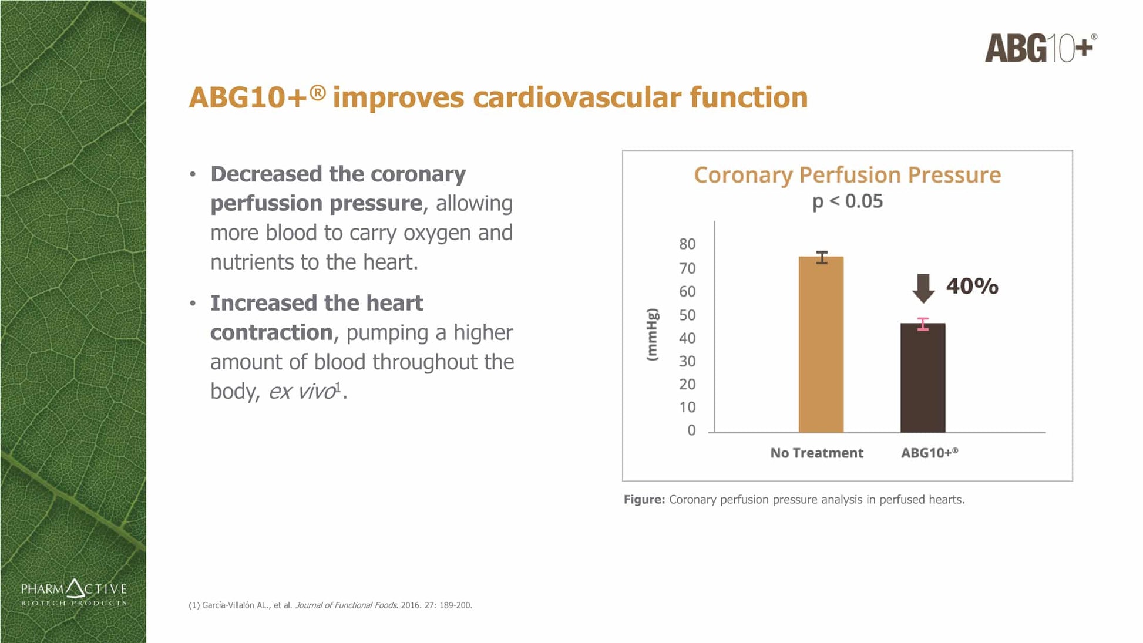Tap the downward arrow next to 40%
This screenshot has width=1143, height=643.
923,288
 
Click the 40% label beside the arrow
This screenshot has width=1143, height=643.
972,287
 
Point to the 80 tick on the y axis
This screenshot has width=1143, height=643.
687,244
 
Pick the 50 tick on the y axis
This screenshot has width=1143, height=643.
687,315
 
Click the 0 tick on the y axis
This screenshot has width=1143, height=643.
691,430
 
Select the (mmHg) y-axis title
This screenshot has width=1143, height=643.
652,335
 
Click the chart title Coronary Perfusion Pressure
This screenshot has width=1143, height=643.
847,175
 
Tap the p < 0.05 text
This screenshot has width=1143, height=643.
847,201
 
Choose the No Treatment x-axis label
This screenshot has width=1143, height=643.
816,453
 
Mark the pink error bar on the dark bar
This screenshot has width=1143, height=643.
923,324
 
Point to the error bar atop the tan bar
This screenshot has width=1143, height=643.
821,257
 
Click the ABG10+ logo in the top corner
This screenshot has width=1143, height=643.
1040,48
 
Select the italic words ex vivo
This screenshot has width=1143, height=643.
302,392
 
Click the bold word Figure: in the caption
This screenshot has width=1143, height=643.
644,500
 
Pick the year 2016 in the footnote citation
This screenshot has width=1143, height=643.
410,605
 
